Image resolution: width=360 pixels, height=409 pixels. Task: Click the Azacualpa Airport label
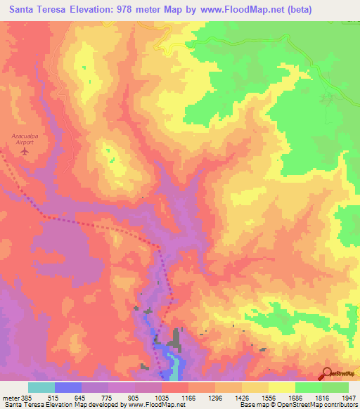point(27,137)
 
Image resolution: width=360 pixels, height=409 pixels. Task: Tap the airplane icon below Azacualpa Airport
point(26,150)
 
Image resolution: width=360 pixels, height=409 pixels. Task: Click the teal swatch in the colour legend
point(41,387)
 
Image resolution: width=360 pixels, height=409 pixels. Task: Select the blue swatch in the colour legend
point(68,387)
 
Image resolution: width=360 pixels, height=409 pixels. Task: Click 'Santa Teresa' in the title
point(32,9)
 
